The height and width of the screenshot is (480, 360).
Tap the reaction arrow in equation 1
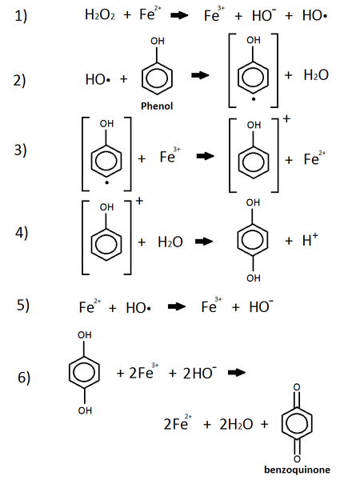(x=179, y=15)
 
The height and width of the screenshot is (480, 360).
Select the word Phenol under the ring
(x=156, y=105)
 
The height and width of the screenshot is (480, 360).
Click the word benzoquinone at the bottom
(x=298, y=470)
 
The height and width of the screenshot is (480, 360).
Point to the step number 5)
(x=24, y=306)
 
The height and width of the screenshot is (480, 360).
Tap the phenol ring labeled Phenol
(x=157, y=76)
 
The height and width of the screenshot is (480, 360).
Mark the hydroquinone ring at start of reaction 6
(x=85, y=373)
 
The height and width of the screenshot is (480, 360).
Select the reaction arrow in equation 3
(x=206, y=158)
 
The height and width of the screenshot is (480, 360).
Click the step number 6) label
(x=24, y=378)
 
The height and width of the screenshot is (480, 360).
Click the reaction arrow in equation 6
(x=234, y=372)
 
